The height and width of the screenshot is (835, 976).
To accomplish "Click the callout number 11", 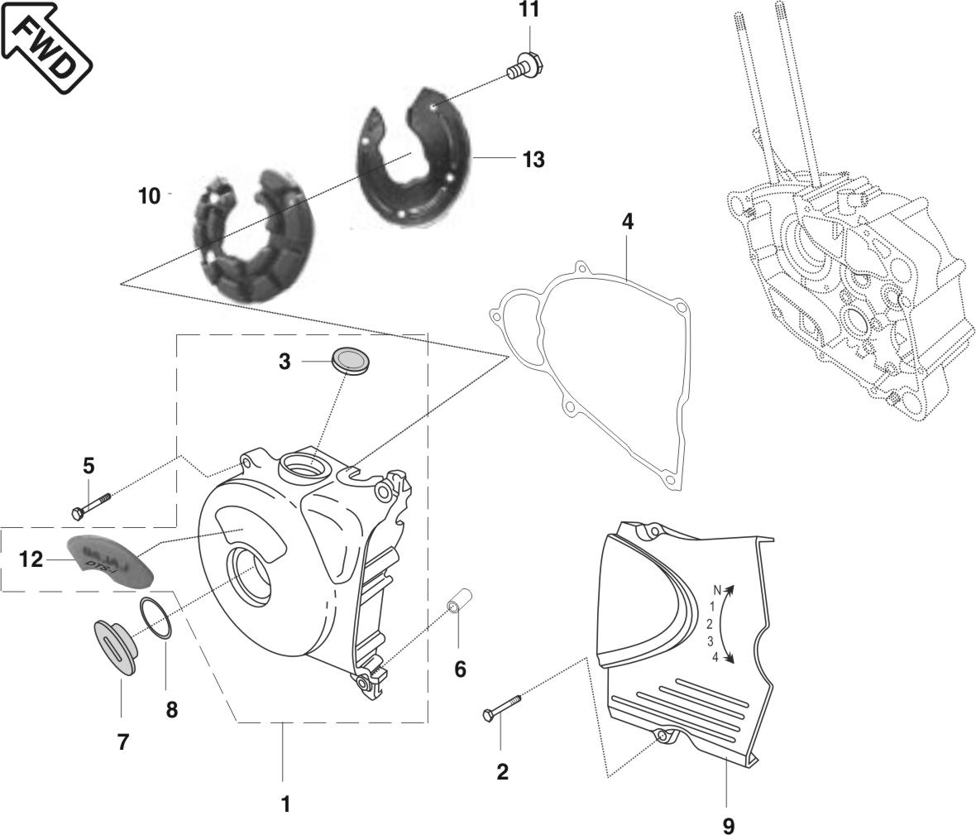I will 529,10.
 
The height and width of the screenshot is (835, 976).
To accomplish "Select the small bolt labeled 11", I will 522,65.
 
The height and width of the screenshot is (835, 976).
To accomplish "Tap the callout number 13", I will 533,159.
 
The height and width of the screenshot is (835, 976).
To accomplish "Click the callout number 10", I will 149,197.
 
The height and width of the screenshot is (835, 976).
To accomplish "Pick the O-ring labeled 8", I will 156,618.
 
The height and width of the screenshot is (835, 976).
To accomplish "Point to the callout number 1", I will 285,803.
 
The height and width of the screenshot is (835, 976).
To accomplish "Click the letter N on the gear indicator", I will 718,590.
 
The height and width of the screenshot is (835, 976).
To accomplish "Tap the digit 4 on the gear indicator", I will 715,657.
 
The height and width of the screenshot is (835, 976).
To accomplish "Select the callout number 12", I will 31,559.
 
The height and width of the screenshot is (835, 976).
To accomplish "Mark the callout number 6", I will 460,669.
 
